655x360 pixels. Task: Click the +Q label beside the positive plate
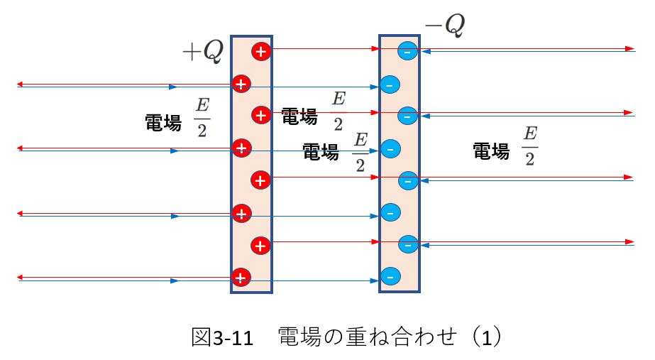point(203,52)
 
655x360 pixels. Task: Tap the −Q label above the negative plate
point(445,25)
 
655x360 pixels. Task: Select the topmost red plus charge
point(261,51)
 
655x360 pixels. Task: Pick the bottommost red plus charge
point(241,278)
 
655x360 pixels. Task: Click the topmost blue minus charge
point(407,51)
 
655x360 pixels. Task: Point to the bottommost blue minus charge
point(390,276)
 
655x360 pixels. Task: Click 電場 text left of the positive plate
point(163,123)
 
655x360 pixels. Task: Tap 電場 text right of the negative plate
point(491,151)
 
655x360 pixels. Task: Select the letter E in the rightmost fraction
point(530,133)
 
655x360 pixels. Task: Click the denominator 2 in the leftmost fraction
point(202,131)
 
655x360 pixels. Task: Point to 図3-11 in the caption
point(222,337)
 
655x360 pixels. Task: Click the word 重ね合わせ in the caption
point(401,337)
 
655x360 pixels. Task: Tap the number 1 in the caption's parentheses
point(487,338)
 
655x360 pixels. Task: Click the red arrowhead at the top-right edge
point(630,49)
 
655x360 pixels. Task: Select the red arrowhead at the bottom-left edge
point(20,277)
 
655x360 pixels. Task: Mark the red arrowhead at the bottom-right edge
point(630,241)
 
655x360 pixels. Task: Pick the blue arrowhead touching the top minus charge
point(426,52)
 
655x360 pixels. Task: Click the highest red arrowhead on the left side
point(20,84)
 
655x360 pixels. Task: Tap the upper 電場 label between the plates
point(299,116)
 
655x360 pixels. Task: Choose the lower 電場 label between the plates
point(320,152)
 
